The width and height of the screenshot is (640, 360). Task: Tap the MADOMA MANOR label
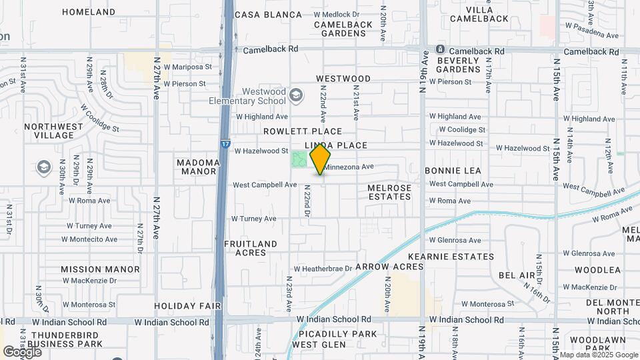(x=198, y=167)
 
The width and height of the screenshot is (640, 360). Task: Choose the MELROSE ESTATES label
(x=390, y=192)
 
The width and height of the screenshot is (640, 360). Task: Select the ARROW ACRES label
(x=389, y=267)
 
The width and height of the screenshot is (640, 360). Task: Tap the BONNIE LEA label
(x=453, y=171)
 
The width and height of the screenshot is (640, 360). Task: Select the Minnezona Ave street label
(x=349, y=167)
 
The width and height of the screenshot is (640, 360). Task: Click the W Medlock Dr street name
(x=336, y=14)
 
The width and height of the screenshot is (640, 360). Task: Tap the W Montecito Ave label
(x=89, y=239)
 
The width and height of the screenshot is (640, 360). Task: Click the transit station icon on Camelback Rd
(x=440, y=50)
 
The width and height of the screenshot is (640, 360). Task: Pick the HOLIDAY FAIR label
(x=187, y=306)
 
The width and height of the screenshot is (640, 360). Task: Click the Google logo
(x=22, y=351)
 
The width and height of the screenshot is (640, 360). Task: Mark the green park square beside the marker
(x=299, y=160)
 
